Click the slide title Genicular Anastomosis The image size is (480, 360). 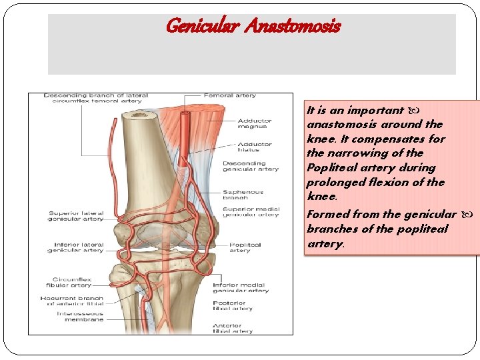pyautogui.click(x=253, y=27)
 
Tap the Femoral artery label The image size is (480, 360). pyautogui.click(x=229, y=95)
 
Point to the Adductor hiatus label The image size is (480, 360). pyautogui.click(x=255, y=147)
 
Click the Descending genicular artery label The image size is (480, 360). pyautogui.click(x=250, y=166)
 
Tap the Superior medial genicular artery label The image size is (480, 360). pyautogui.click(x=251, y=212)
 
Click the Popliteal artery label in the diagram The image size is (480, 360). pyautogui.click(x=244, y=247)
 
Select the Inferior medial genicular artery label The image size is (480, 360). pyautogui.click(x=241, y=288)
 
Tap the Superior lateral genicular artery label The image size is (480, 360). pyautogui.click(x=75, y=217)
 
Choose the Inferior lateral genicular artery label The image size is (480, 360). pyautogui.click(x=75, y=247)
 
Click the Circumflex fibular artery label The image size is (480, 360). pyautogui.click(x=72, y=282)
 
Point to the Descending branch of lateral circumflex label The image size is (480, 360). pyautogui.click(x=93, y=98)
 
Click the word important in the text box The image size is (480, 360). pyautogui.click(x=375, y=110)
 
